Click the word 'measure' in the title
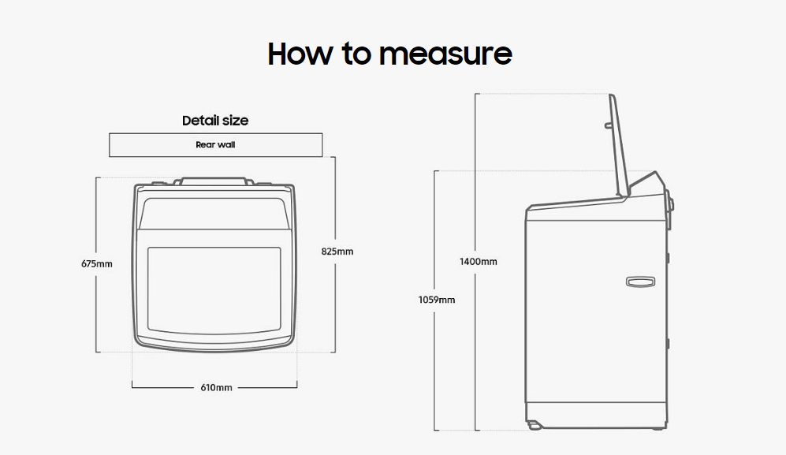click(x=445, y=54)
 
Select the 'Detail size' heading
click(x=215, y=121)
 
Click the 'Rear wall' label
click(x=215, y=145)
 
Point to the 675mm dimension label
click(x=96, y=263)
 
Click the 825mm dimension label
click(x=337, y=252)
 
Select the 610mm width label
click(x=215, y=387)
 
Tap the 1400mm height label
click(x=478, y=261)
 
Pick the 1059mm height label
click(x=436, y=300)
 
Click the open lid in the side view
click(x=619, y=146)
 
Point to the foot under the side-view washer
click(x=535, y=425)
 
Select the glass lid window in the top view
click(x=214, y=288)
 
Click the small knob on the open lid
click(x=607, y=125)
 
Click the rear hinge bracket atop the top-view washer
click(x=215, y=181)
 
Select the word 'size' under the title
click(x=234, y=121)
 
